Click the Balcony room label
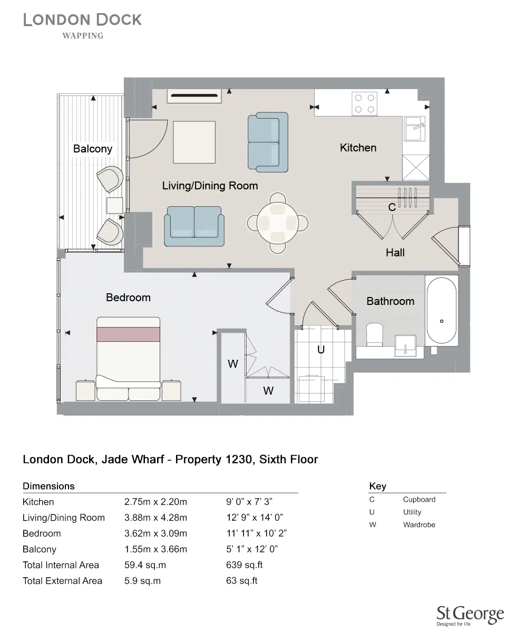coord(93,149)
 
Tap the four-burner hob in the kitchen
coord(365,103)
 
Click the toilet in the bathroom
coord(375,334)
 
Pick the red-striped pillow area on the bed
coord(128,334)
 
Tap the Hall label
coord(395,253)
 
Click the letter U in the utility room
coord(320,349)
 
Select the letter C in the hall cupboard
coord(392,208)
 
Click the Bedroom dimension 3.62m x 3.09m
coord(155,533)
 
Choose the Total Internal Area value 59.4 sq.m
coord(142,565)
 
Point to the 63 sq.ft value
coord(241,581)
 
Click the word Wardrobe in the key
coord(419,525)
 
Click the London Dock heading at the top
coord(83,21)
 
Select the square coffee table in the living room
coord(194,142)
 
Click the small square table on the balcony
coord(114,205)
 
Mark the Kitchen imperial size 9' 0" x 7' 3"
coord(249,502)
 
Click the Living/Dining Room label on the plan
coord(210,186)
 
